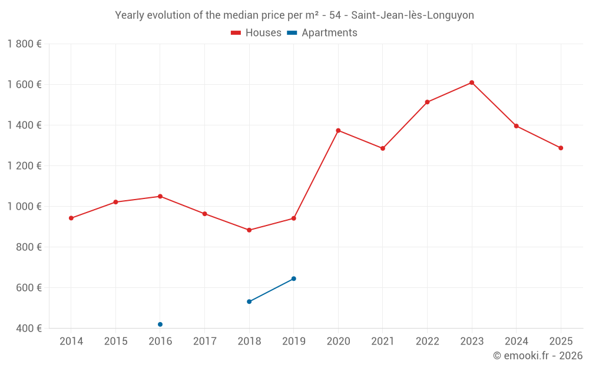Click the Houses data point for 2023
[x=472, y=82]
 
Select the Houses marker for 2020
[x=338, y=130]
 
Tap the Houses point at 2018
[x=249, y=230]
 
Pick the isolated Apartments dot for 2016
[x=160, y=324]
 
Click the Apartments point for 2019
[x=294, y=279]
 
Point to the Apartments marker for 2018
[x=249, y=301]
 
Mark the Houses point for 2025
[x=561, y=148]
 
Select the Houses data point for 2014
[x=71, y=218]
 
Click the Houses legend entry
[x=256, y=33]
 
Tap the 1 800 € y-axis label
[x=25, y=44]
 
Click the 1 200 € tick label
[x=25, y=165]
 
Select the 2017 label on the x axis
[x=204, y=342]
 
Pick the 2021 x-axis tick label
[x=383, y=342]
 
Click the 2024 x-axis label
[x=516, y=342]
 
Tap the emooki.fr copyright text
[x=537, y=356]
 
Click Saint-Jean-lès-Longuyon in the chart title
[x=412, y=15]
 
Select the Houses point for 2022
[x=427, y=102]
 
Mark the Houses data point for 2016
[x=160, y=196]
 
